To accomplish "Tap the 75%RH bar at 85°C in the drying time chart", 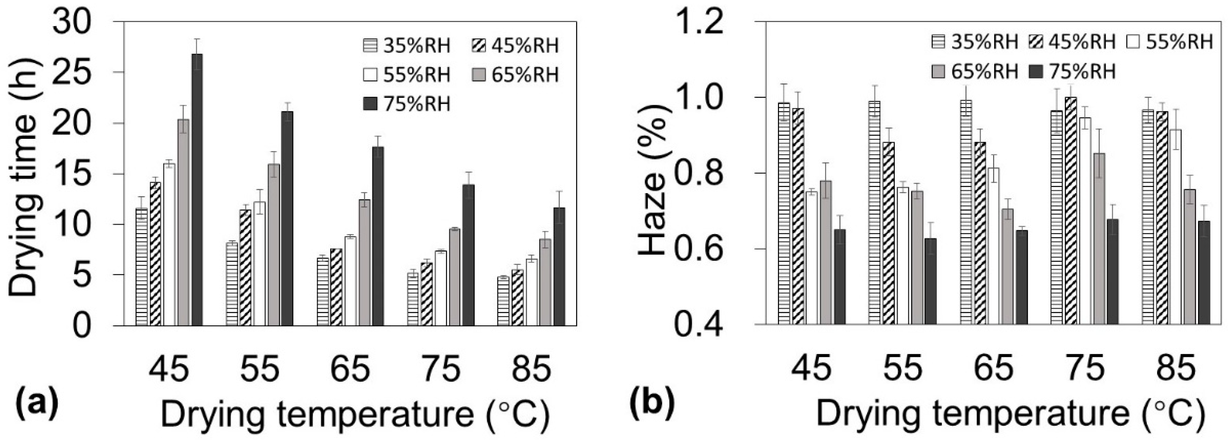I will [x=559, y=267].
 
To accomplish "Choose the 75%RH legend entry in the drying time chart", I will [x=406, y=104].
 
